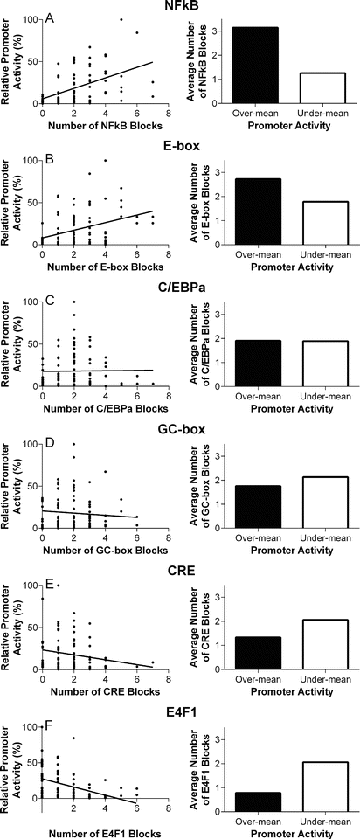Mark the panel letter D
click(50, 445)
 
